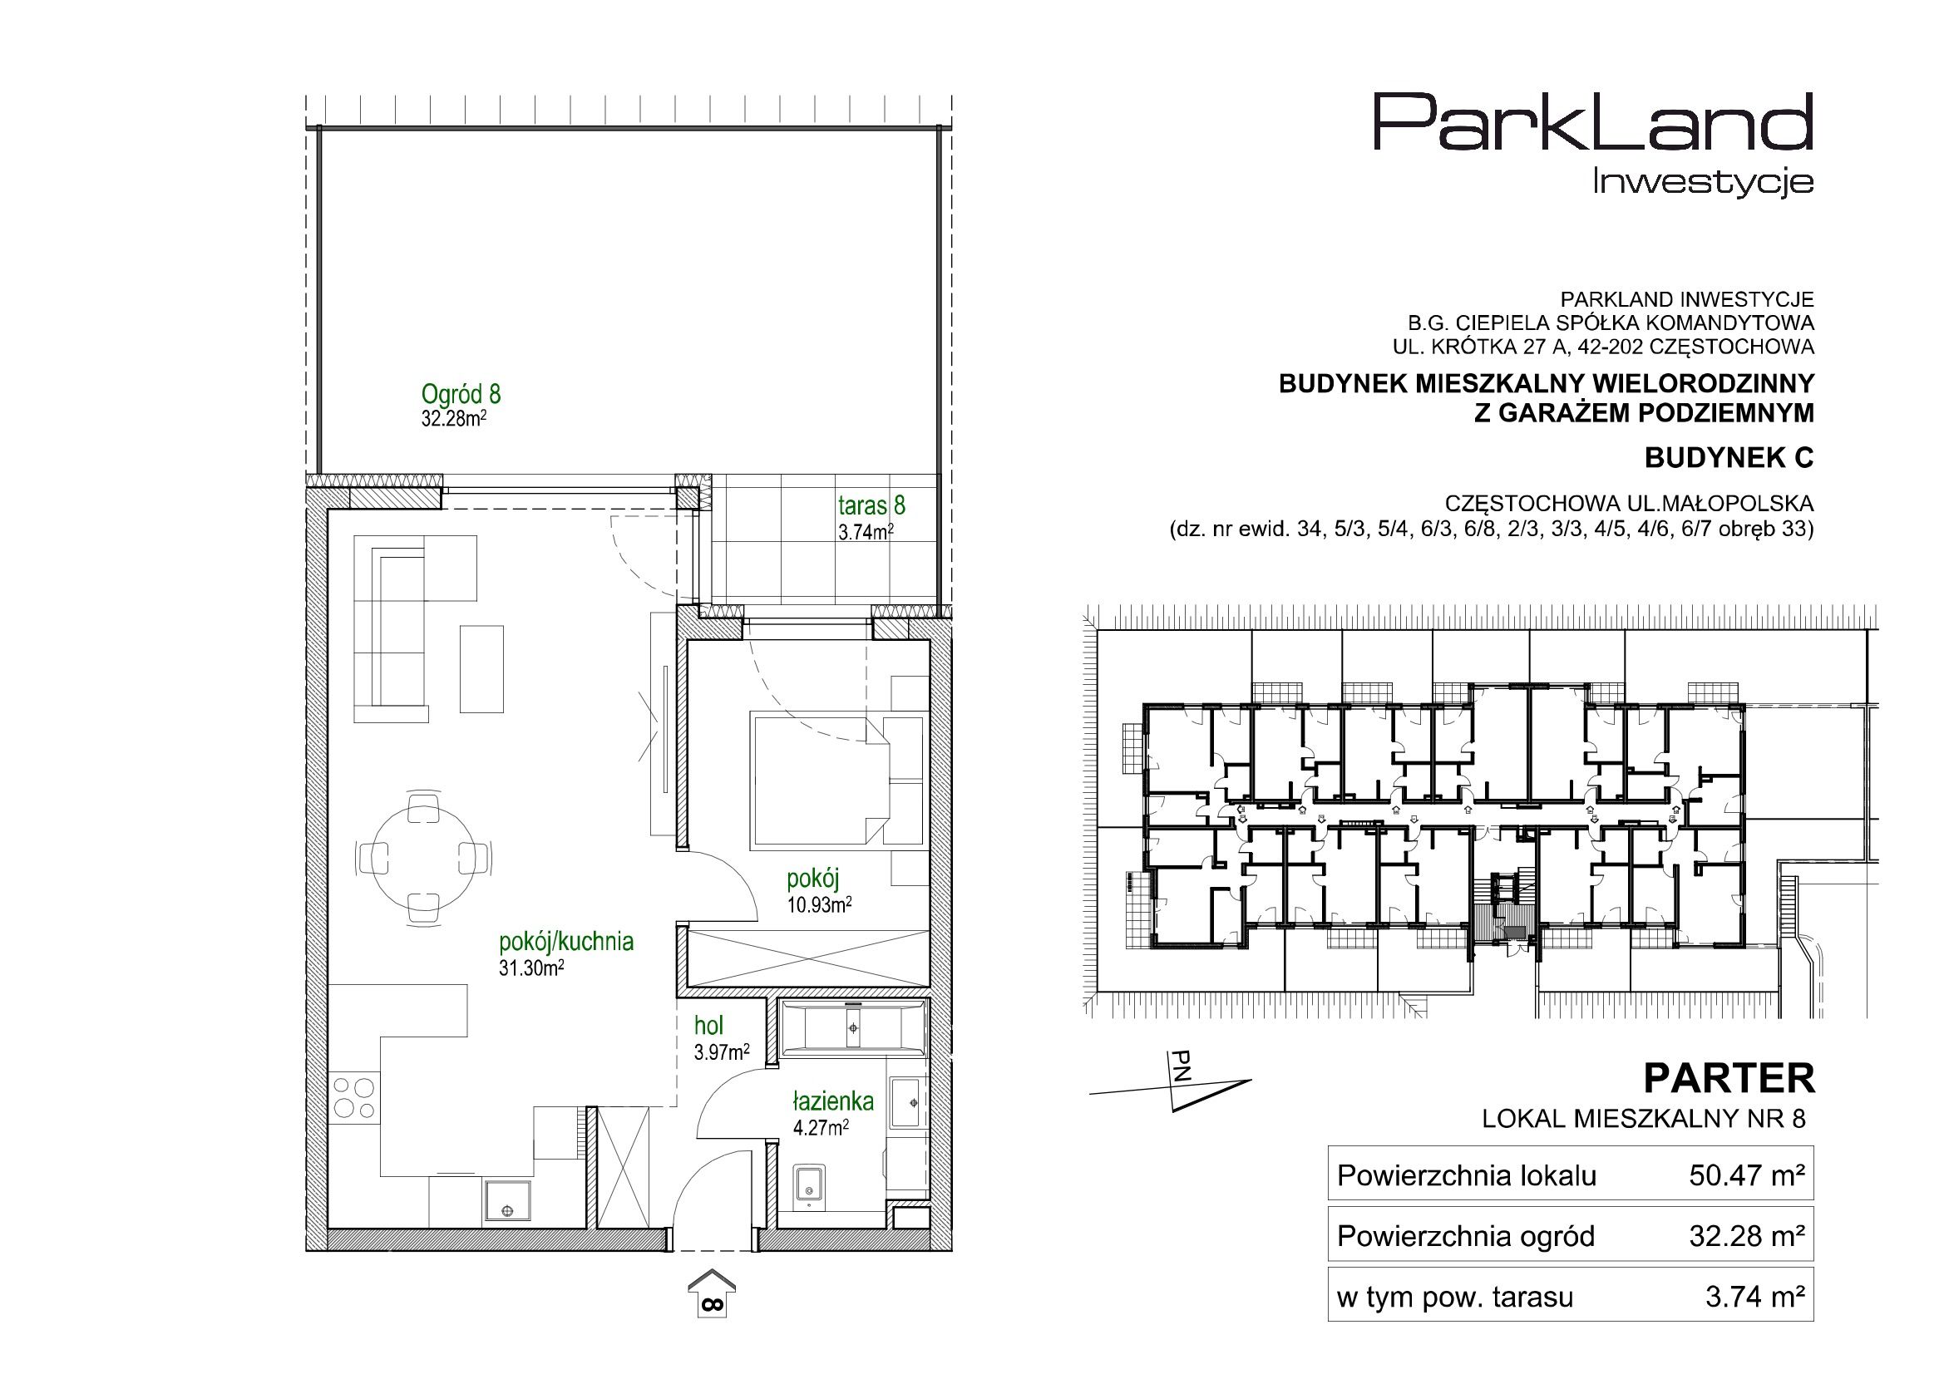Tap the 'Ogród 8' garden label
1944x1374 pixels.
(x=461, y=394)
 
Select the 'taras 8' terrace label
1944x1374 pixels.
(x=871, y=505)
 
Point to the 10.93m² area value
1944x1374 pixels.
(x=819, y=904)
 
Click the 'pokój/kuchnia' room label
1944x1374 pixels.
(x=566, y=942)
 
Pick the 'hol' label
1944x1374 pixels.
(x=708, y=1025)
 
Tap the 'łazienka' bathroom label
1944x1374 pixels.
(x=833, y=1101)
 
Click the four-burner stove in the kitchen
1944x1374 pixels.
(x=354, y=1096)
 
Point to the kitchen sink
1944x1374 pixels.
(x=507, y=1201)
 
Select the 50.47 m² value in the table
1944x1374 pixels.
(x=1748, y=1175)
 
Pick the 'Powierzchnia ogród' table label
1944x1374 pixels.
(x=1466, y=1236)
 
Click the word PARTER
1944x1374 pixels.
(x=1729, y=1079)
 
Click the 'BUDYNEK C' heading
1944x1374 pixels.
(x=1729, y=457)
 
